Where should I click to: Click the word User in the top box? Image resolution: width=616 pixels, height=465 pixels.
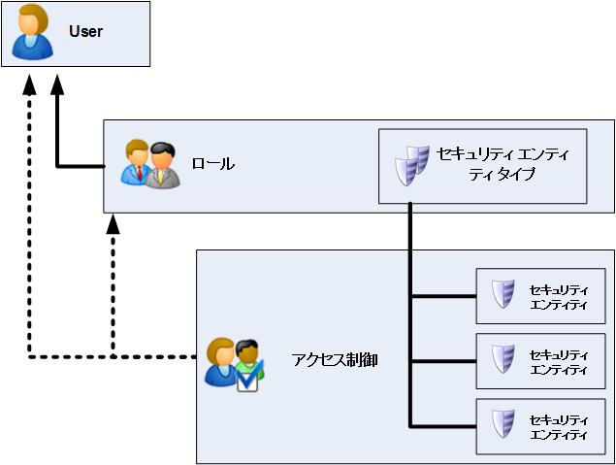tap(85, 32)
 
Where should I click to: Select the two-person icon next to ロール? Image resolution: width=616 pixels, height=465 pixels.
tap(150, 164)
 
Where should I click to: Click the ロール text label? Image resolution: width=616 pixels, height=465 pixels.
tap(212, 164)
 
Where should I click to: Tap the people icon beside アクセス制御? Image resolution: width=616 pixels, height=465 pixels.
tap(233, 363)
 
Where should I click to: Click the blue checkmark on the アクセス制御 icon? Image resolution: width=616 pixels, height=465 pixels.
tap(249, 382)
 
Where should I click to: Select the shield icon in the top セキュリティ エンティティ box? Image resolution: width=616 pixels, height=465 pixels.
tap(502, 294)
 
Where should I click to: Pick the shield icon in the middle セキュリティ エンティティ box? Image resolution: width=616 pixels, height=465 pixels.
tap(502, 359)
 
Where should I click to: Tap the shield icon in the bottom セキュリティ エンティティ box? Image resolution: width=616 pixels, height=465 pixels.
tap(502, 424)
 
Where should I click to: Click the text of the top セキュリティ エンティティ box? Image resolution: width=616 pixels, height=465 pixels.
tap(559, 296)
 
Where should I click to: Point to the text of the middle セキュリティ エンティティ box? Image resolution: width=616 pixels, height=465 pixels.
tap(559, 361)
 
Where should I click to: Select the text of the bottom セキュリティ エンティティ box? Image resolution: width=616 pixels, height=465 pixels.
tap(559, 426)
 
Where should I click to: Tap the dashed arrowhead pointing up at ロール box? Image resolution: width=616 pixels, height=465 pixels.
tap(113, 224)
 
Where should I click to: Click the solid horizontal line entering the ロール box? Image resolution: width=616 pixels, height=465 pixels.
tap(81, 166)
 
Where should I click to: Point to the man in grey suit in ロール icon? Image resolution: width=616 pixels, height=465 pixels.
tap(163, 166)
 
